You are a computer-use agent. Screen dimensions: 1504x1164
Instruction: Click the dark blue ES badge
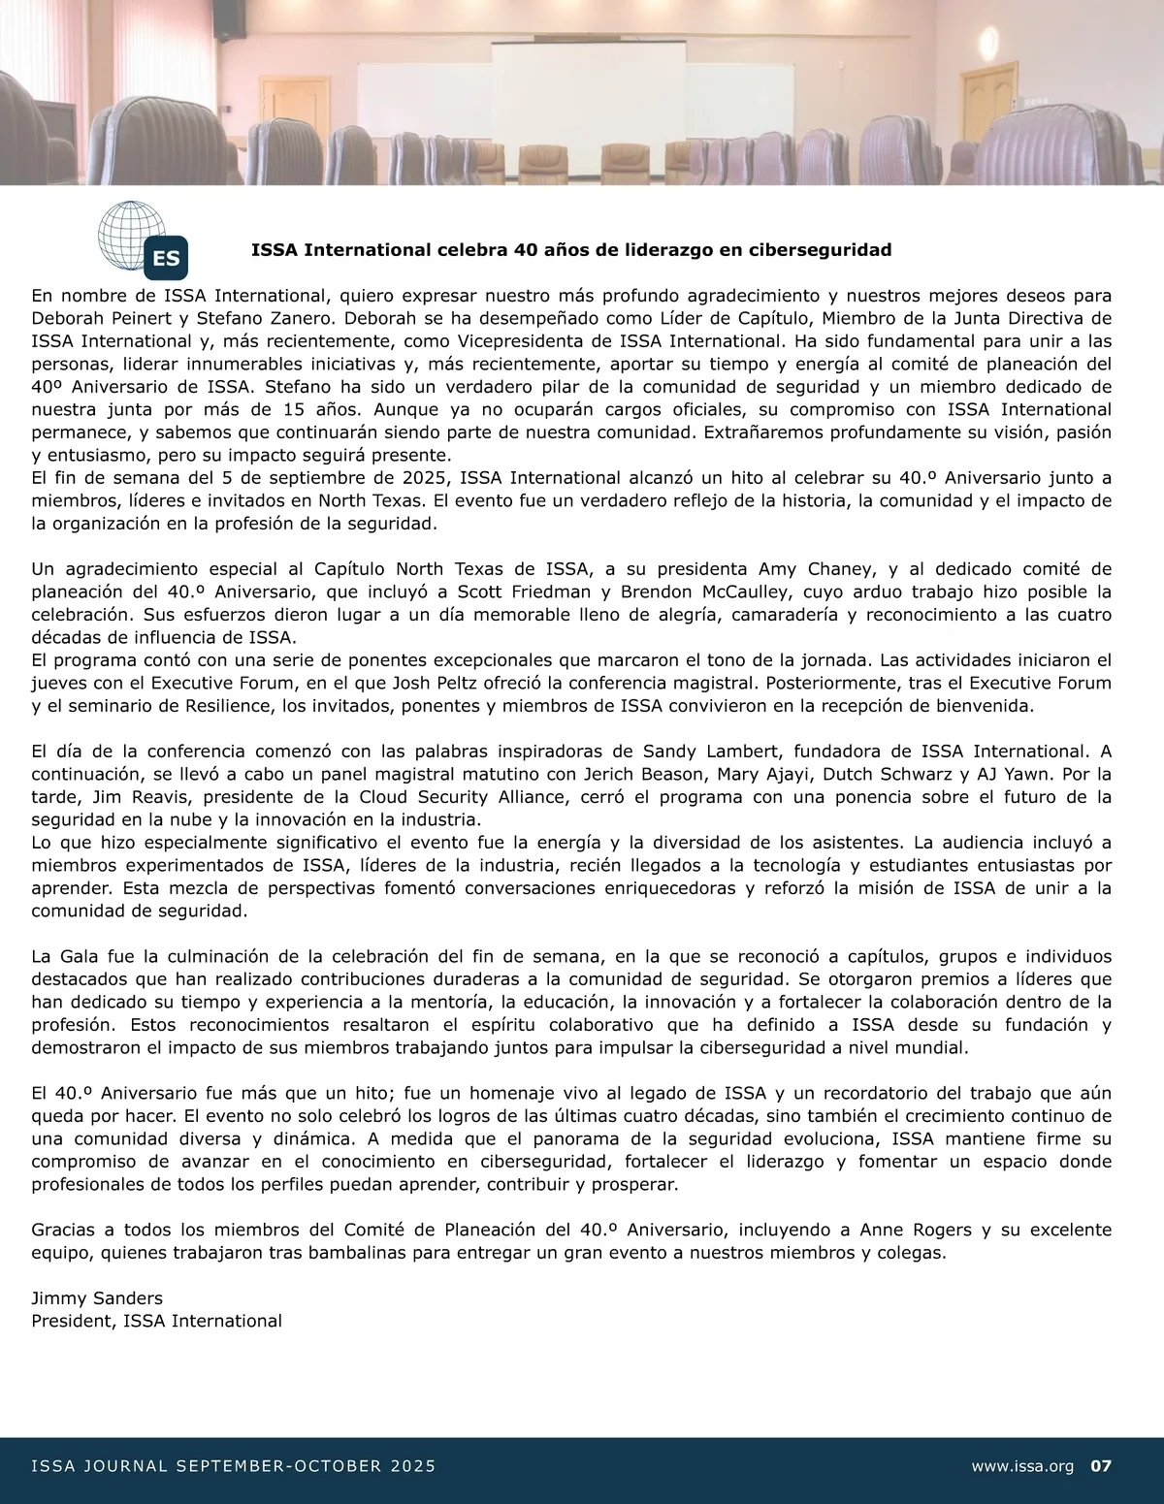coord(165,258)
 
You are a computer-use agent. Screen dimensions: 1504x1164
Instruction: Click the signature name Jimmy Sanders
coord(97,1298)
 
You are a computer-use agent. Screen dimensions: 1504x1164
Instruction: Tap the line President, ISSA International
coord(156,1321)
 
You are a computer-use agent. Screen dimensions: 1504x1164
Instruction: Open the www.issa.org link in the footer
coord(1022,1466)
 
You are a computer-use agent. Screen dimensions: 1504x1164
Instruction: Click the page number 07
coord(1101,1466)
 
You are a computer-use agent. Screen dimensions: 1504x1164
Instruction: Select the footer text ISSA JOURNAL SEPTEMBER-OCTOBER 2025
coord(233,1466)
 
